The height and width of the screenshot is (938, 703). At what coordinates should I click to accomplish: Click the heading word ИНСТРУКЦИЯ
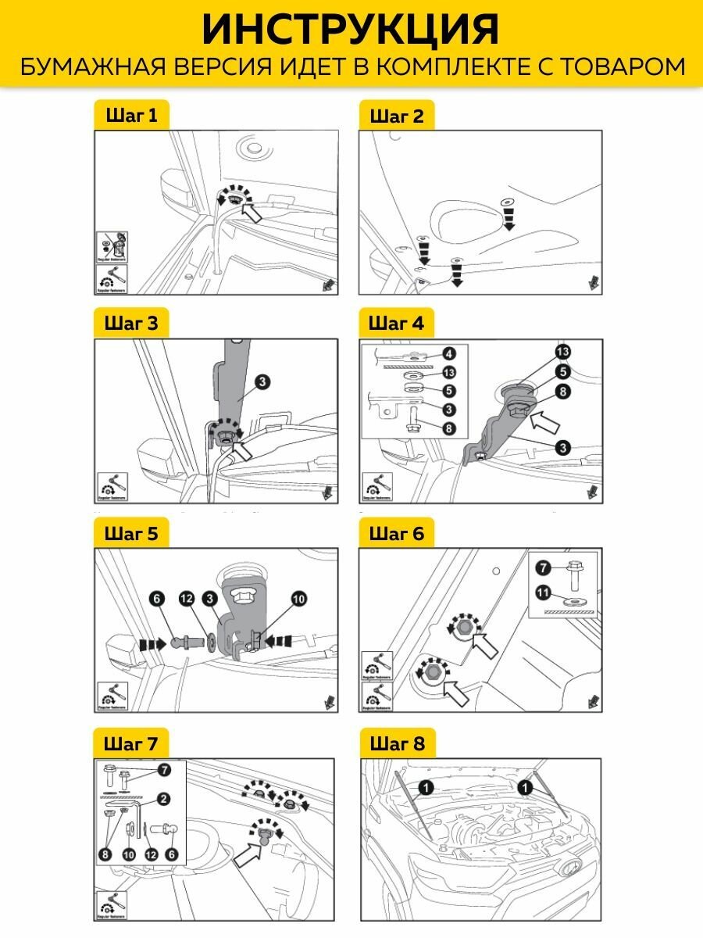351,30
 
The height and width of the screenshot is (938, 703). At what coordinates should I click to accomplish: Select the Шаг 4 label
395,323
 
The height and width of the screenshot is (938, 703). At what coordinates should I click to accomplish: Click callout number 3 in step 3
262,381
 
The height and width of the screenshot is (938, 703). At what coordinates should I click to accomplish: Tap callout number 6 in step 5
157,598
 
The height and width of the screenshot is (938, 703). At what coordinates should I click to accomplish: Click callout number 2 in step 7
163,799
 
